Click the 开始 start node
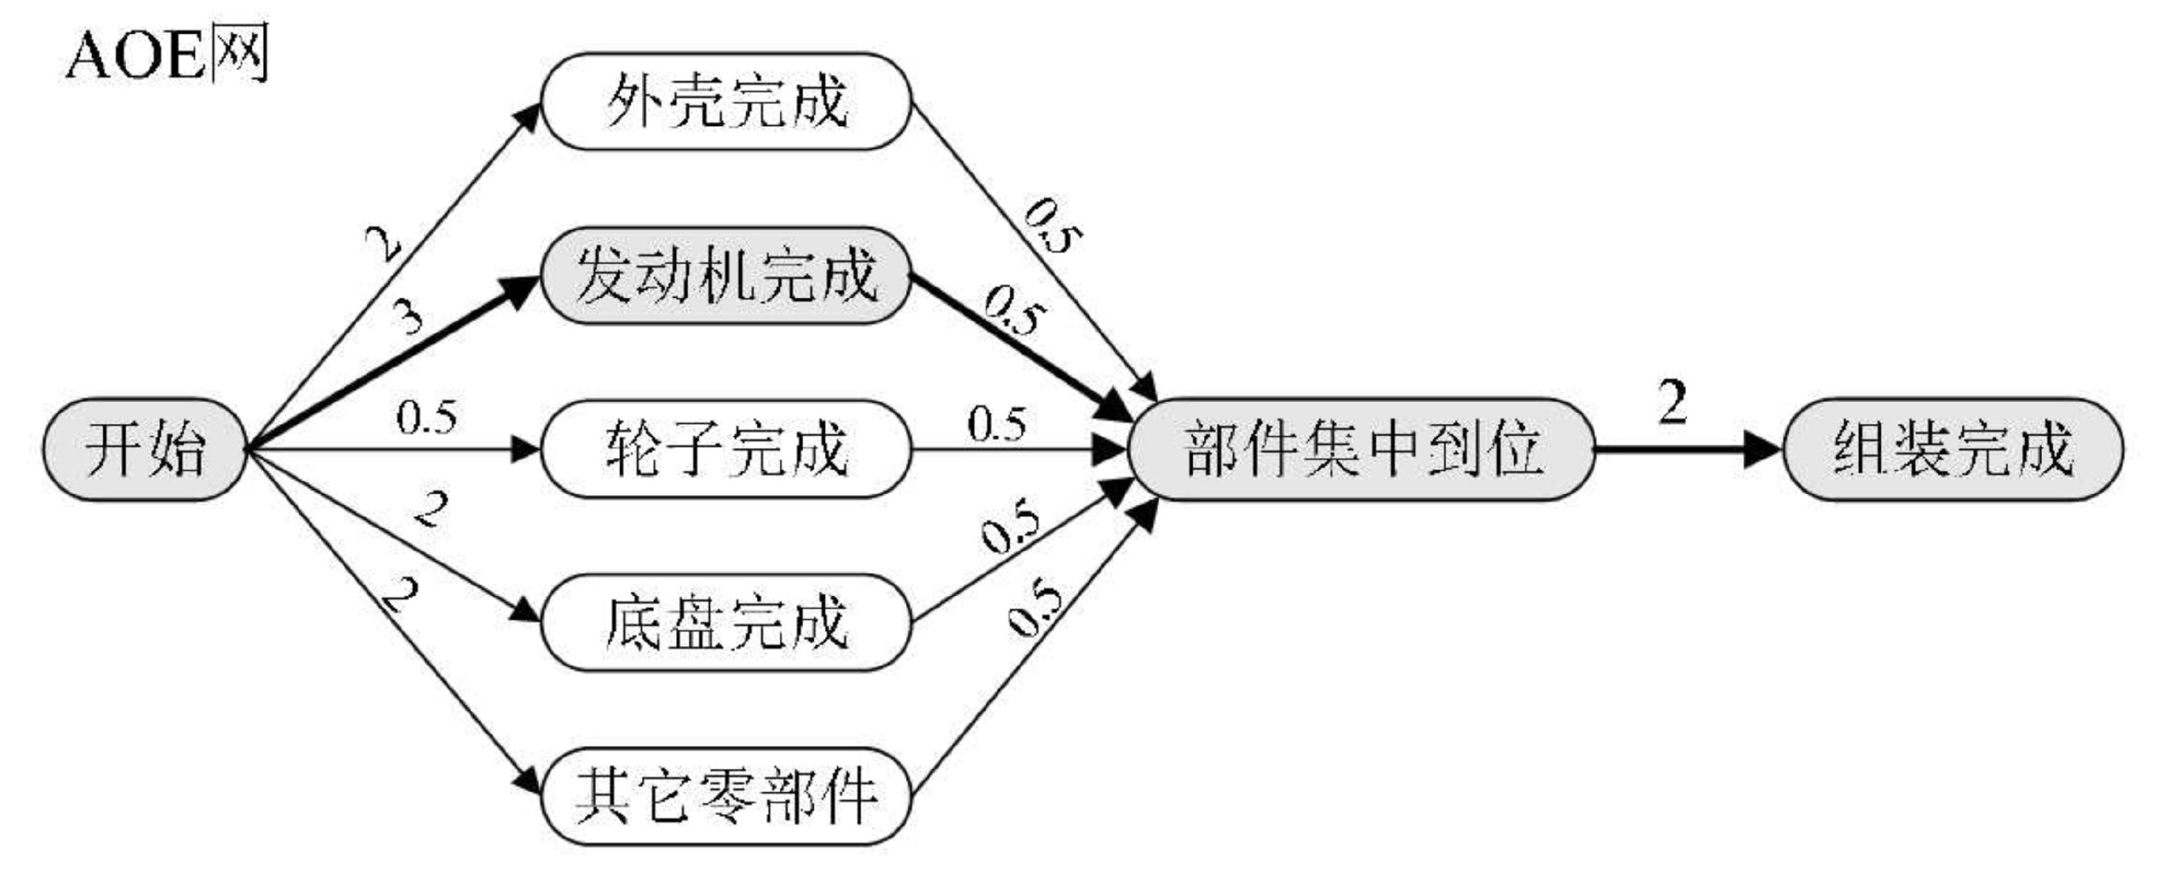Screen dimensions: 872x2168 [145, 450]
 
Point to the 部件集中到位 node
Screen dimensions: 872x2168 [1361, 450]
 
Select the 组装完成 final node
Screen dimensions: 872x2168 [1952, 450]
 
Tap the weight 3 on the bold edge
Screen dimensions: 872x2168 [409, 318]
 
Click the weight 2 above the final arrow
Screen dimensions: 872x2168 [1672, 401]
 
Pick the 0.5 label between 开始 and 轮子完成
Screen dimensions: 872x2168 [427, 417]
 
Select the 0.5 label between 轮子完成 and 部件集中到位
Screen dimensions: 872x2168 [996, 423]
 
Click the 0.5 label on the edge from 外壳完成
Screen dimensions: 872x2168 [1052, 225]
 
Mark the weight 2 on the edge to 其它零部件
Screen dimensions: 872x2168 [400, 594]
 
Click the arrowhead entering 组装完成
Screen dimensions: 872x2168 [1763, 450]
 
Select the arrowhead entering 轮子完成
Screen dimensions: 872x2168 [526, 450]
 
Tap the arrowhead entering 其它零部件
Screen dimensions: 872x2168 [528, 779]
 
